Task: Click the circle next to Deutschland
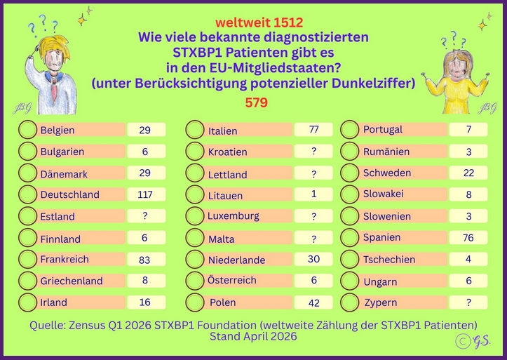point(27,194)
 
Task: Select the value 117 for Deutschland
point(145,194)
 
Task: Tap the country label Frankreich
point(65,259)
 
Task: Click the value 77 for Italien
point(313,130)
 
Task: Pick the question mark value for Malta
point(313,239)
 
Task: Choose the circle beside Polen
point(195,302)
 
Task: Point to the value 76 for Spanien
point(468,237)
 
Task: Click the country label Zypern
point(380,302)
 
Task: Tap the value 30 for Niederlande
point(313,259)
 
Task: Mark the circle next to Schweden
point(350,173)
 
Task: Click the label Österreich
point(232,280)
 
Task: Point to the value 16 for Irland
point(145,302)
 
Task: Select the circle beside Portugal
point(350,130)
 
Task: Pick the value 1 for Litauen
point(313,194)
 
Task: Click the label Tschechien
point(388,259)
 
